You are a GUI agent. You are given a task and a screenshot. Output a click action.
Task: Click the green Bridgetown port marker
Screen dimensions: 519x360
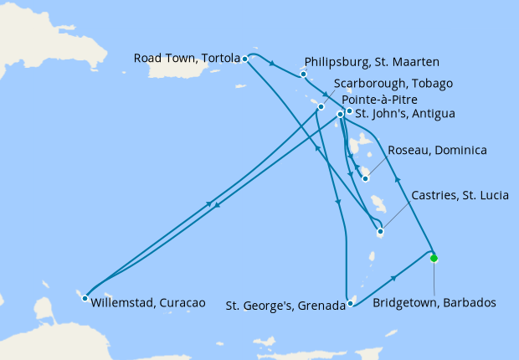coord(434,259)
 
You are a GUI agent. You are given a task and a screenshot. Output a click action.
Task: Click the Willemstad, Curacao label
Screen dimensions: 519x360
coord(147,301)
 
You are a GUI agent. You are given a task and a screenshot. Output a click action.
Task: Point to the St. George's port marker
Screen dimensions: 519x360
coord(350,305)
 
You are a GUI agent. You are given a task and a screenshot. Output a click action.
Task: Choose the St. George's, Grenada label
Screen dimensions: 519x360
coord(285,306)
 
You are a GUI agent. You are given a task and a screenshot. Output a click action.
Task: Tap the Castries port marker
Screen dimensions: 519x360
coord(380,232)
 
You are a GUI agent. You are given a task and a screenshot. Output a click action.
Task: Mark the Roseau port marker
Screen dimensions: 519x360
coord(365,178)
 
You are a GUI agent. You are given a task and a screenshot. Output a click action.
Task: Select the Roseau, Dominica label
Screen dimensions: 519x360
coord(438,151)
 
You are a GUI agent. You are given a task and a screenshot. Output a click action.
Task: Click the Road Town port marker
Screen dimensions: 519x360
coord(244,59)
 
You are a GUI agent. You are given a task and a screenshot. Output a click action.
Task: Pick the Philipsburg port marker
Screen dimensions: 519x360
coord(303,75)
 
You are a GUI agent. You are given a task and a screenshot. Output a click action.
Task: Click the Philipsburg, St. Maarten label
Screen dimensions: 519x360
coord(373,62)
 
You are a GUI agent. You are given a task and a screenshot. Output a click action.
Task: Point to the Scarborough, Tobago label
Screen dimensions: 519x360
coord(393,83)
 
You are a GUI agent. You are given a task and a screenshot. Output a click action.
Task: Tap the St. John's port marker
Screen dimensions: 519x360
coord(348,111)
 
